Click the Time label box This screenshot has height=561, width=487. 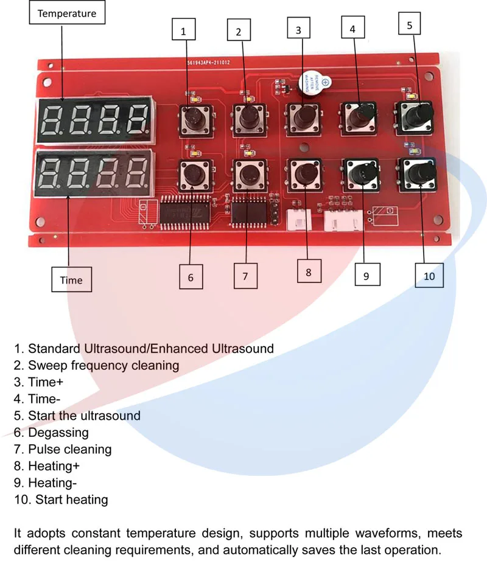coord(71,280)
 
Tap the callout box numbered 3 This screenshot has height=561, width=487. coord(298,30)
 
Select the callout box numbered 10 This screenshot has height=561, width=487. coord(429,275)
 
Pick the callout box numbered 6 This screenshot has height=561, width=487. coord(191,277)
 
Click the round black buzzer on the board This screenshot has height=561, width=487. coord(312,84)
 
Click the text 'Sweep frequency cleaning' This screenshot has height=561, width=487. coord(103,366)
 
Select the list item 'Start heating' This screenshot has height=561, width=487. coord(71,500)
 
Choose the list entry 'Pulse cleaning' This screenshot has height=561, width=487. coord(69,450)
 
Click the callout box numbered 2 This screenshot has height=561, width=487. coord(239,31)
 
